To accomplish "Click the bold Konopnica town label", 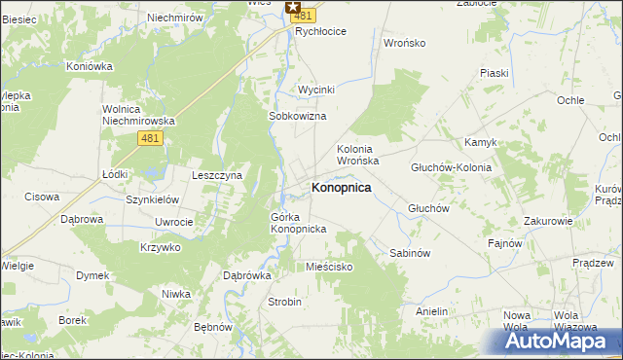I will tap(341, 187).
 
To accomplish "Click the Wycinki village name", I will tap(316, 90).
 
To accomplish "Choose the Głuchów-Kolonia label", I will tap(452, 167).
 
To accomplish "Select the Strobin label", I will tap(285, 302).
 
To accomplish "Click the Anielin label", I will tap(431, 311).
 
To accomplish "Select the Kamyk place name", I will tap(481, 142).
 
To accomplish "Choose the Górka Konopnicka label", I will tap(298, 222).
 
